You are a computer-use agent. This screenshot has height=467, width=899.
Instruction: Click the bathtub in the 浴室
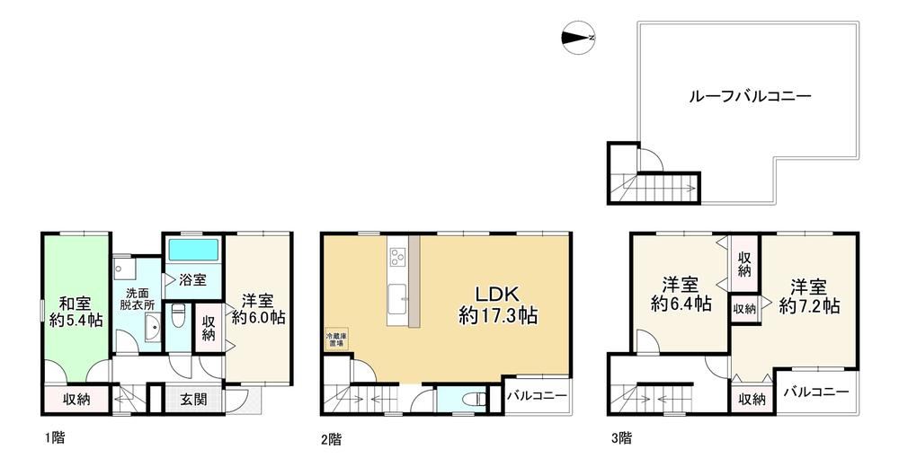pos(192,249)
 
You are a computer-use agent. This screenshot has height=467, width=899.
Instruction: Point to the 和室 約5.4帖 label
pos(75,309)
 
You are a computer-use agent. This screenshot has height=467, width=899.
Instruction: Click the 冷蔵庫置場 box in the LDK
pos(334,340)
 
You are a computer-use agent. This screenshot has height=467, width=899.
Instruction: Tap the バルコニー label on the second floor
pos(537,396)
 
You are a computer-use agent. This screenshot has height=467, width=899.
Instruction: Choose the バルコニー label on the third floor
pos(816,392)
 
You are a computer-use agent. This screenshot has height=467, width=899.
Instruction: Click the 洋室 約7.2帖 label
pos(809,296)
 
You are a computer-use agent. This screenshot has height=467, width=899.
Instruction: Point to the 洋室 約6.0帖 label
pos(259,309)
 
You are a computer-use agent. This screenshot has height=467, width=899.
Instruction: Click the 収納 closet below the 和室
pos(76,399)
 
